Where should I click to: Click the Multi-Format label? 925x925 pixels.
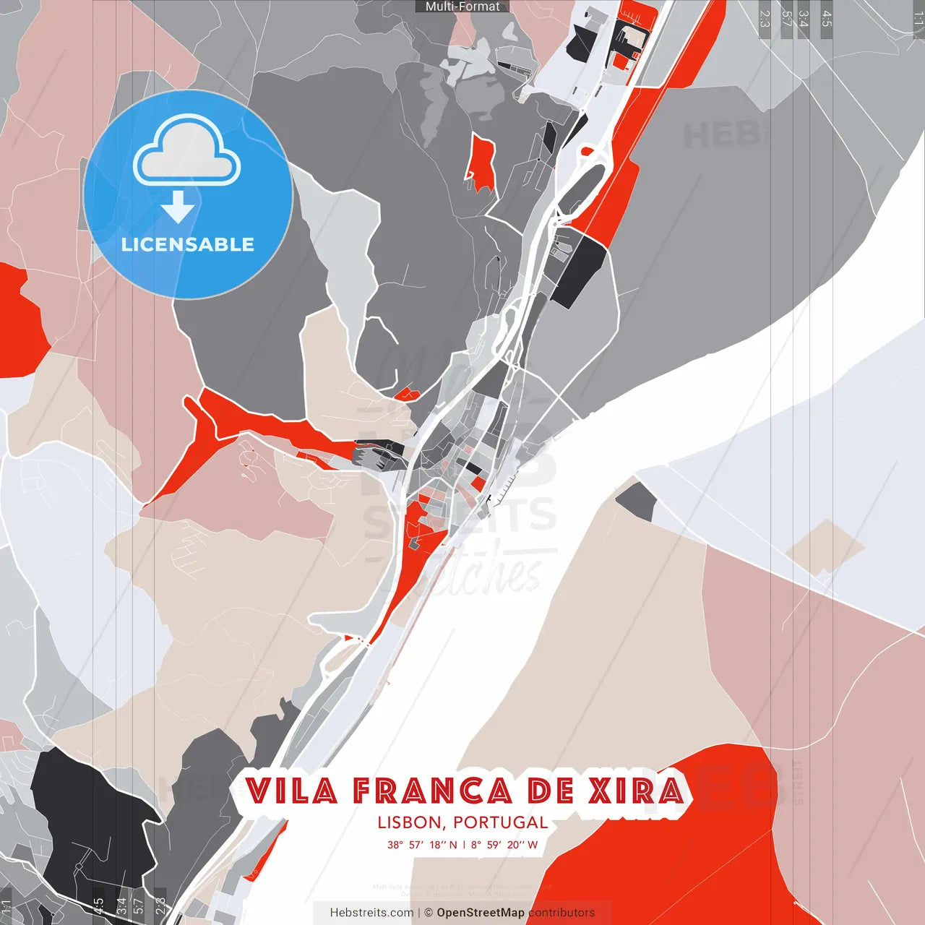click(462, 7)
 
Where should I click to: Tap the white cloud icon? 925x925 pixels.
click(187, 152)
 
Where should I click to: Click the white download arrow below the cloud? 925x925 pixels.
click(178, 208)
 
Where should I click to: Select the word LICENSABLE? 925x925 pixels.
click(188, 244)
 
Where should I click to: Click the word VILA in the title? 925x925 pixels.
click(292, 791)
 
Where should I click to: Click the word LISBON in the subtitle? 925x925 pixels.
click(409, 822)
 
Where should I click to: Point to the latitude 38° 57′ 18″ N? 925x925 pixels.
click(422, 844)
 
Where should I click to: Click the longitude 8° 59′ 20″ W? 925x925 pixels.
click(504, 844)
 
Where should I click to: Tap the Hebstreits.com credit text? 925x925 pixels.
click(371, 913)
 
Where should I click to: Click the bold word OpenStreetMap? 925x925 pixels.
click(481, 913)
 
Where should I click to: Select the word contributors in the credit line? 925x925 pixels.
click(562, 913)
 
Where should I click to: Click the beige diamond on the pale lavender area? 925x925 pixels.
click(825, 547)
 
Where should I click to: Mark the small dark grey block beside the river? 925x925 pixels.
click(637, 501)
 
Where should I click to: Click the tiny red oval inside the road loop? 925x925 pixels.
click(587, 151)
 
